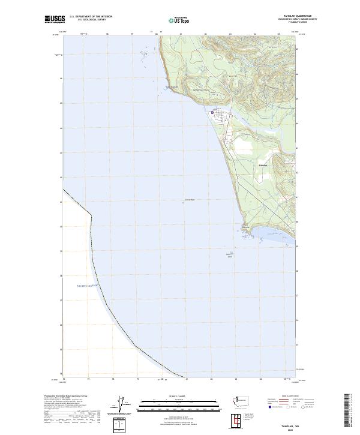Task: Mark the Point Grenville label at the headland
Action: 245,227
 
